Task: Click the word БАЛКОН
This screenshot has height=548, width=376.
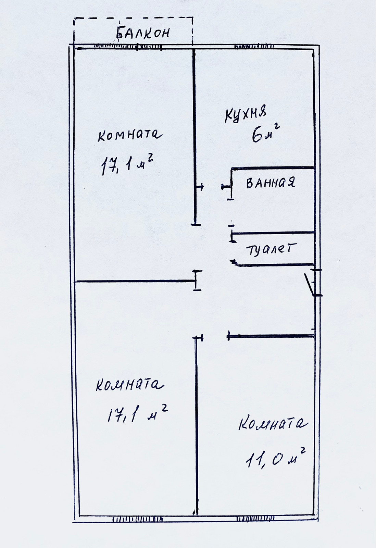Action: (143, 33)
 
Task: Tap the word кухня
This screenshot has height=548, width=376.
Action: (245, 114)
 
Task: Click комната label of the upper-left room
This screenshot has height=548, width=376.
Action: (129, 135)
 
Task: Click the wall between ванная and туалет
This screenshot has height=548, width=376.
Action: (273, 233)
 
